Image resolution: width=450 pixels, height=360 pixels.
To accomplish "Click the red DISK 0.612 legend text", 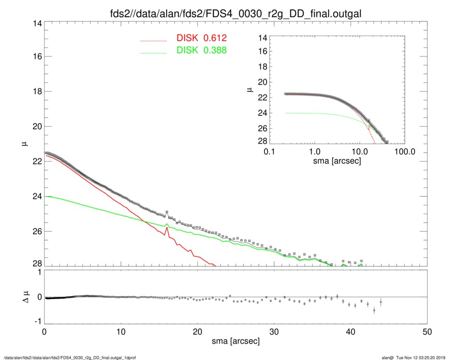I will pos(201,38).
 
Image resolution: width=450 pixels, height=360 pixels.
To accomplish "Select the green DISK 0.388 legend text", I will pos(201,50).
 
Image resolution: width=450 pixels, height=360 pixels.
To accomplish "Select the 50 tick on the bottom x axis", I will pos(427,332).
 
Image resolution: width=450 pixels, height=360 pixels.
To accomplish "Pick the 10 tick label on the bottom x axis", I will pos(121,332).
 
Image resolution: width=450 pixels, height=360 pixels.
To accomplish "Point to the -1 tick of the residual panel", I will pos(37,321).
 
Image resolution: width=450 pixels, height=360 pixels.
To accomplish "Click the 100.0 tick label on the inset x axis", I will pos(405,152).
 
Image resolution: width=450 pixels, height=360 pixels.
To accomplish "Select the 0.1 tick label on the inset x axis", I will pos(269,152).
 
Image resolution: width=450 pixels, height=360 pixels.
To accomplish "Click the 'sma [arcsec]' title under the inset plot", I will pos(337,162).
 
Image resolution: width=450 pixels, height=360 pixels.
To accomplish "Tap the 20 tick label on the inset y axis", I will pos(263,81).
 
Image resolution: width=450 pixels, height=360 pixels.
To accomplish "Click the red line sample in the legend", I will pos(153,40).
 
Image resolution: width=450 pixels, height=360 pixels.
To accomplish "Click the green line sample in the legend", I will pos(153,52).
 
